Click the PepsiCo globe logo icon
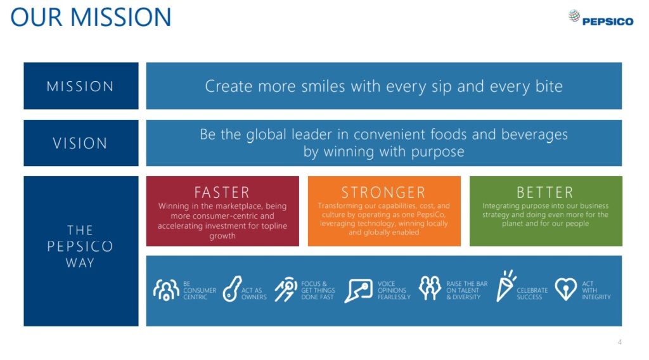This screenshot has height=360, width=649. [x=574, y=16]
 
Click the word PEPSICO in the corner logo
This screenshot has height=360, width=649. [x=608, y=22]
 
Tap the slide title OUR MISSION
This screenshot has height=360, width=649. [x=91, y=17]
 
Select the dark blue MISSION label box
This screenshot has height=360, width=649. [x=81, y=86]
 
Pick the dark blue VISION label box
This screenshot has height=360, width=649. [x=81, y=143]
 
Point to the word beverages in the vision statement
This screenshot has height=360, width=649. [x=534, y=135]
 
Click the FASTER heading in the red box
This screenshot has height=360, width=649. [x=222, y=193]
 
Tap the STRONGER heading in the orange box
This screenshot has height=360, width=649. [x=383, y=193]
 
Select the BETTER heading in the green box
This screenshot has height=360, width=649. [x=545, y=193]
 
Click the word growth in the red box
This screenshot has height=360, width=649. [x=222, y=236]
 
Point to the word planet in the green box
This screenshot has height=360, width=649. [x=513, y=224]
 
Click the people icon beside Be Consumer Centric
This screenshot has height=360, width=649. [x=166, y=290]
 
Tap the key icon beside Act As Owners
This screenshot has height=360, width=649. [x=232, y=289]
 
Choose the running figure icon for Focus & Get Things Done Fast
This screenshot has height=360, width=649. [x=286, y=290]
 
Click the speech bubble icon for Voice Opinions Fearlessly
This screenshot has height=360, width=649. [x=359, y=290]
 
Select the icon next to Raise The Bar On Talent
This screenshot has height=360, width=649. [x=430, y=288]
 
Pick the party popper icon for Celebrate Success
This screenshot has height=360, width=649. [x=506, y=286]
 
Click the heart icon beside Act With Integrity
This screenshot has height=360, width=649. [x=565, y=289]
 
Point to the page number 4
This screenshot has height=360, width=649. [x=620, y=342]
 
